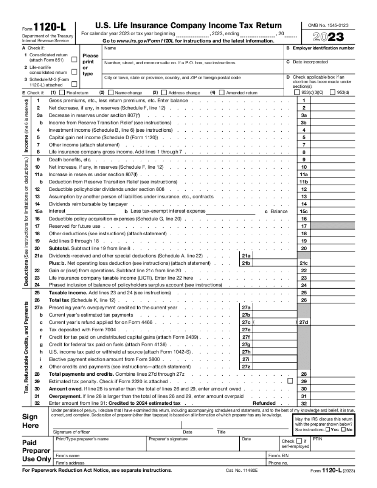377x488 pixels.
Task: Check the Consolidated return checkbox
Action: tap(74, 60)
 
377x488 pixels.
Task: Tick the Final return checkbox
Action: tap(62, 93)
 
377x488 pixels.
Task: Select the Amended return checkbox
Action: tap(222, 93)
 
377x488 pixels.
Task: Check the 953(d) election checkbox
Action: tap(333, 93)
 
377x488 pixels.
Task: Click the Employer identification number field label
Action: tap(323, 48)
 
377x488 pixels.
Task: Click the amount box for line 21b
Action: tap(274, 263)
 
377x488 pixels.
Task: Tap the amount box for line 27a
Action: tap(274, 307)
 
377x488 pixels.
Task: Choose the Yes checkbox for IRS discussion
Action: tap(327, 430)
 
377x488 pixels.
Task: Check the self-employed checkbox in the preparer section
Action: tap(299, 441)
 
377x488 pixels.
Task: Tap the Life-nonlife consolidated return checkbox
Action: tap(74, 72)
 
